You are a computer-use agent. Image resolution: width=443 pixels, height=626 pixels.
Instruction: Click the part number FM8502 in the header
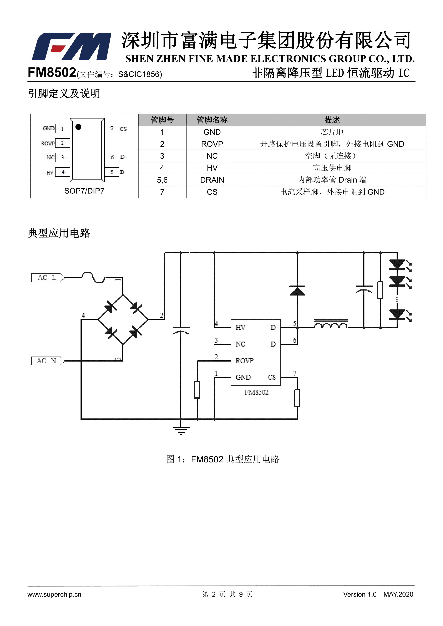point(52,73)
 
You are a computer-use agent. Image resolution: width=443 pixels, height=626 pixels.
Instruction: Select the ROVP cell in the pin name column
point(212,144)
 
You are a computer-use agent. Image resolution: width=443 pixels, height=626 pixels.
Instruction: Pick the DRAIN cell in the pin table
point(212,180)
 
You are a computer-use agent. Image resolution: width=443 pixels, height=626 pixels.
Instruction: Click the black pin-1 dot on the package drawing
point(78,127)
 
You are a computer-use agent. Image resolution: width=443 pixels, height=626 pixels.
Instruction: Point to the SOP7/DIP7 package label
point(84,191)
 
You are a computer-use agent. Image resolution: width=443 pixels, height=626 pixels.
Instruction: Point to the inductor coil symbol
point(331,324)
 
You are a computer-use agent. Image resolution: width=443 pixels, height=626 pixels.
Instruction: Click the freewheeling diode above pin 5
point(297,291)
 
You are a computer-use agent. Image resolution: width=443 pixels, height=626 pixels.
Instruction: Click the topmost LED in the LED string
point(397,264)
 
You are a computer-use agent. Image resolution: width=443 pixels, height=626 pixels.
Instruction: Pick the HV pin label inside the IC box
point(240,327)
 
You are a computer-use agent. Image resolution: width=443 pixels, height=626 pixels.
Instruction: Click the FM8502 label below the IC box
point(256,392)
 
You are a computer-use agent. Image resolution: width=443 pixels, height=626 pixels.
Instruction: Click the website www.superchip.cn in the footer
point(54,594)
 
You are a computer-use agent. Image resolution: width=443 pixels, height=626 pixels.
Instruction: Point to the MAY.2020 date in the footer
point(398,594)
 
